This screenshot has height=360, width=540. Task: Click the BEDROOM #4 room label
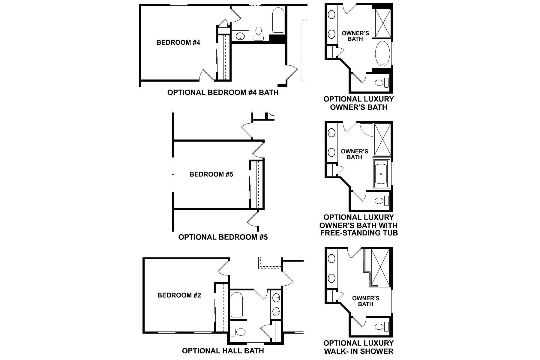(178, 43)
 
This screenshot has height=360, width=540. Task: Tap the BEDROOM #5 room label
(211, 174)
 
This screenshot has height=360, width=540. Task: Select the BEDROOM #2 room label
(179, 295)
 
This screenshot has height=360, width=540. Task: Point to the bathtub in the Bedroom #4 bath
(278, 20)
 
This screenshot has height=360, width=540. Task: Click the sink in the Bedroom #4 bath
(240, 37)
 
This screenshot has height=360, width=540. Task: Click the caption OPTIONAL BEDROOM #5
(223, 237)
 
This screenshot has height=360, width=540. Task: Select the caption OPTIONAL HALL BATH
(223, 351)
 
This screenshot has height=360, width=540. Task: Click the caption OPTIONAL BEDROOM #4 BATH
(223, 92)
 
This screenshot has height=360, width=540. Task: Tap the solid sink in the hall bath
(276, 298)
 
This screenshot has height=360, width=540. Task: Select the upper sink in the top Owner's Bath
(331, 14)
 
